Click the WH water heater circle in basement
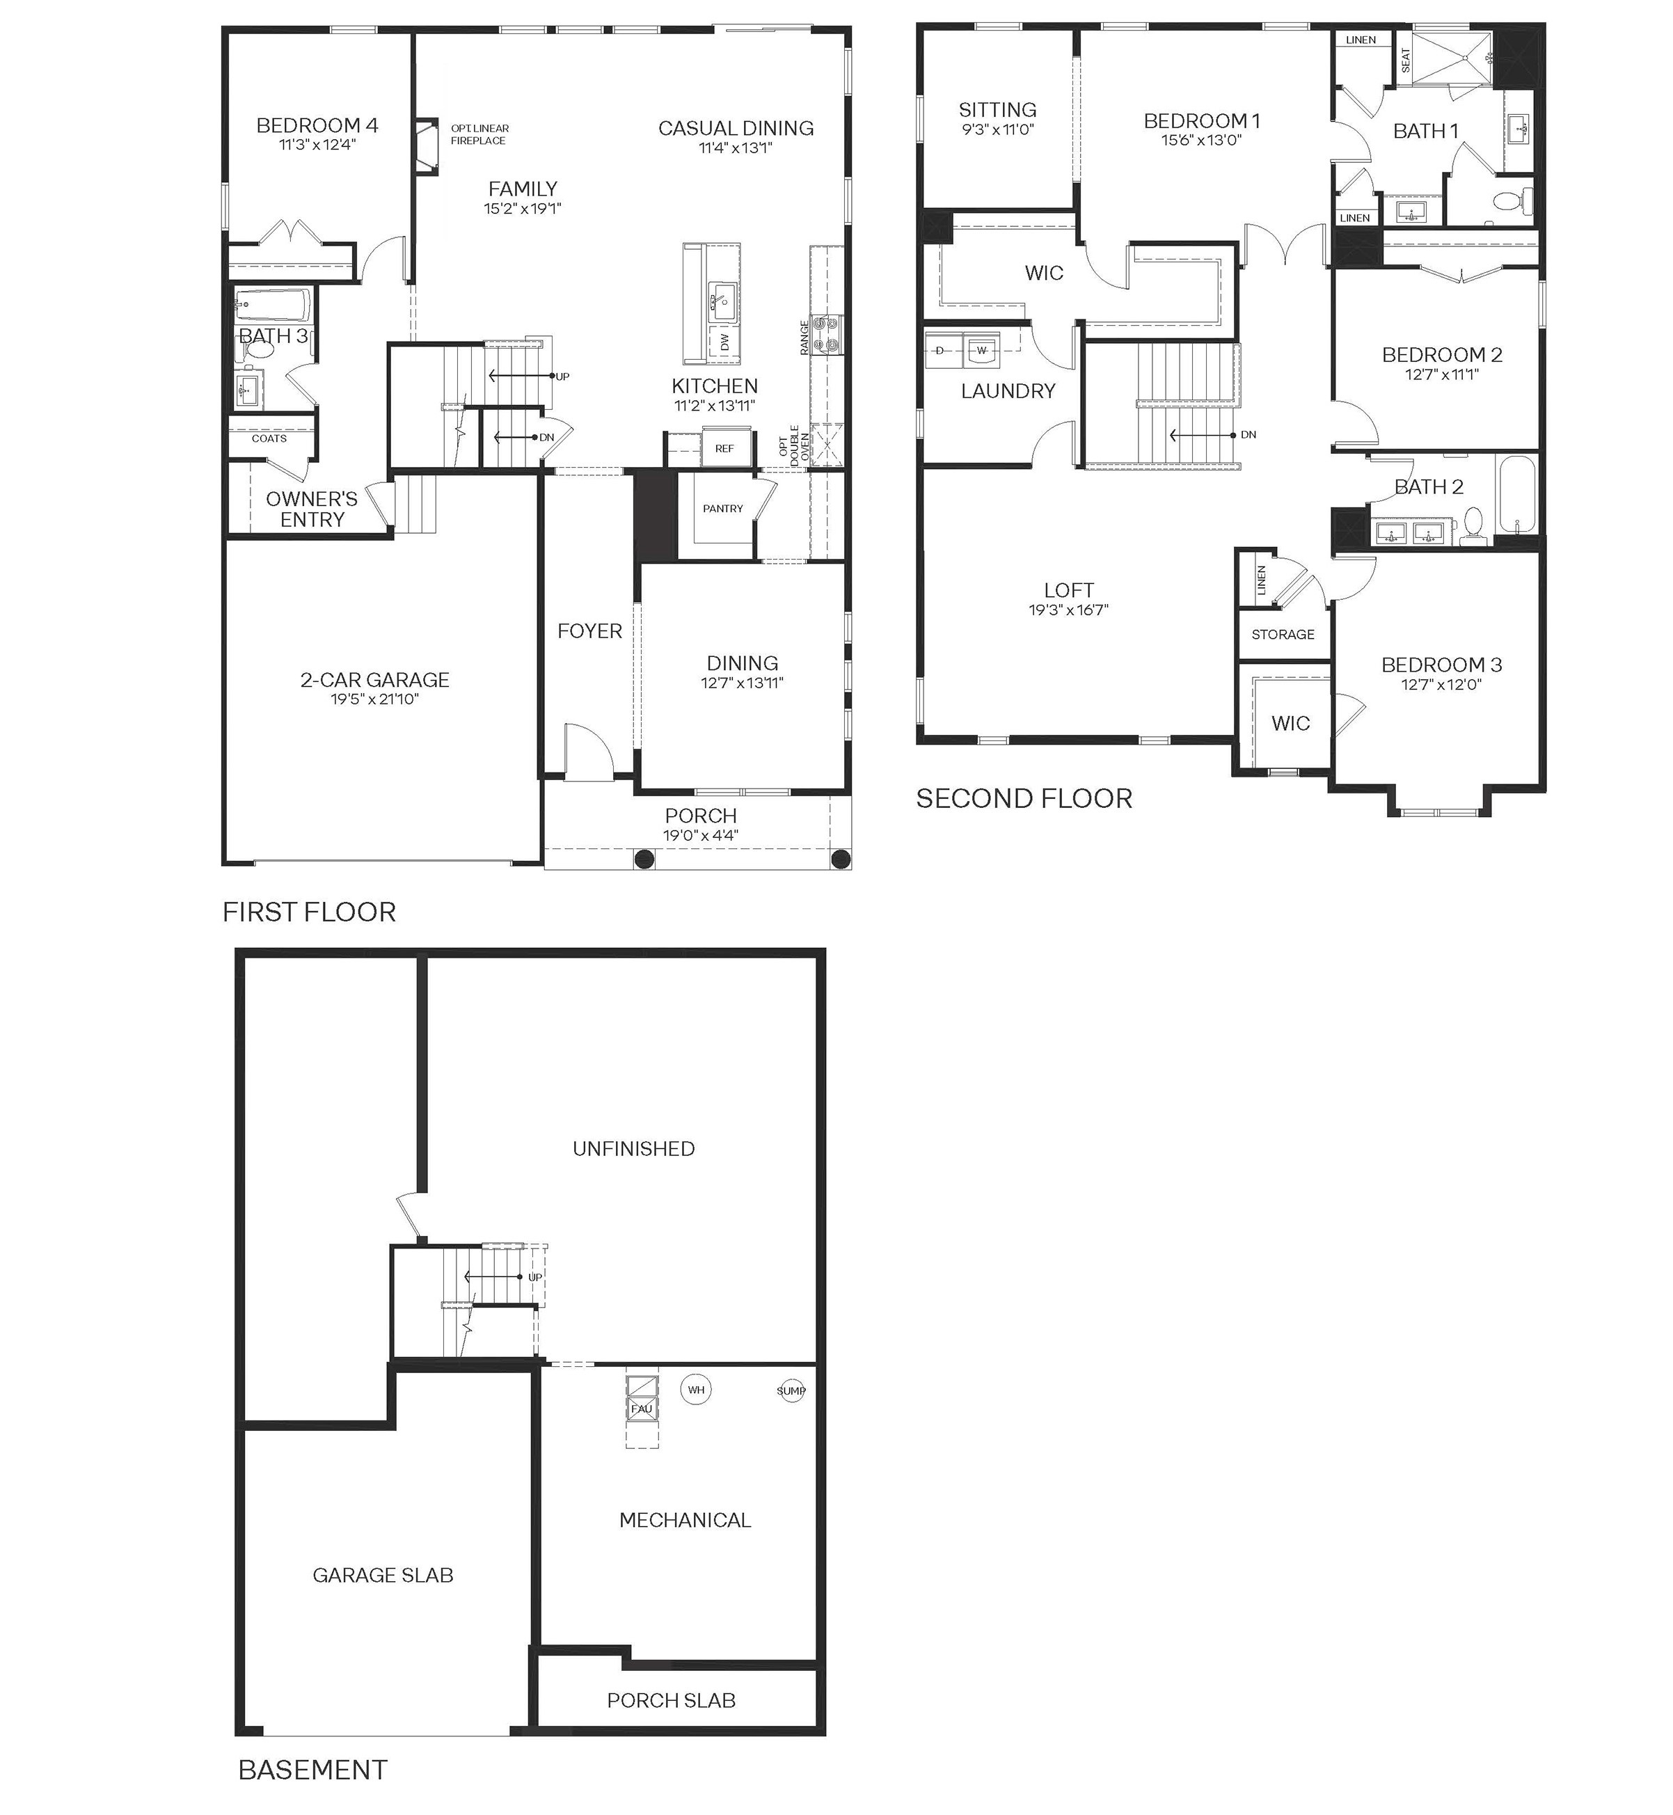tap(695, 1390)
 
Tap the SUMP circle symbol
tap(791, 1390)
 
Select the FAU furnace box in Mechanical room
tap(642, 1409)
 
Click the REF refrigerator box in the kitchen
tap(724, 448)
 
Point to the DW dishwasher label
tap(724, 343)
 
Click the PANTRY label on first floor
tap(722, 509)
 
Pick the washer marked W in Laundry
tap(981, 349)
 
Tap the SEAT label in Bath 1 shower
tap(1405, 60)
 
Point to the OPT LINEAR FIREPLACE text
tap(479, 134)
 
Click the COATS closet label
tap(269, 438)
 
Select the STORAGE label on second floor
tap(1282, 635)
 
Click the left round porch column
tap(644, 858)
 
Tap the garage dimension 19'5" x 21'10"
tap(375, 699)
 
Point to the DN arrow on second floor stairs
tap(1204, 434)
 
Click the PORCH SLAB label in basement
tap(671, 1701)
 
